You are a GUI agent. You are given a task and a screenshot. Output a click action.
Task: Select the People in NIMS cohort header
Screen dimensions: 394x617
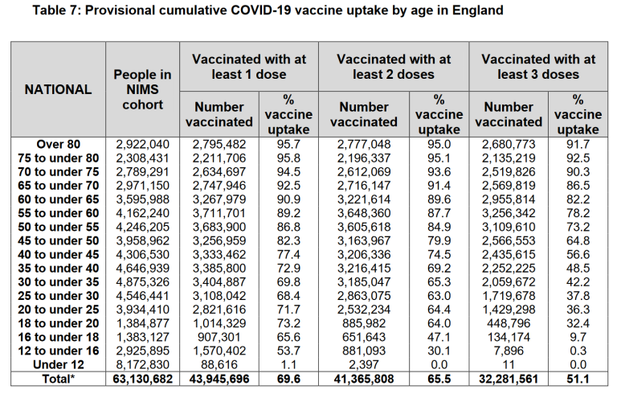[143, 90]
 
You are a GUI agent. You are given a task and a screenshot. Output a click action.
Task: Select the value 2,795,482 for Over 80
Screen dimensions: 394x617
[219, 145]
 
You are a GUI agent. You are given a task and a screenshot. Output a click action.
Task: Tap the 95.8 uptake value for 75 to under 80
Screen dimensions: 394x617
[285, 158]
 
